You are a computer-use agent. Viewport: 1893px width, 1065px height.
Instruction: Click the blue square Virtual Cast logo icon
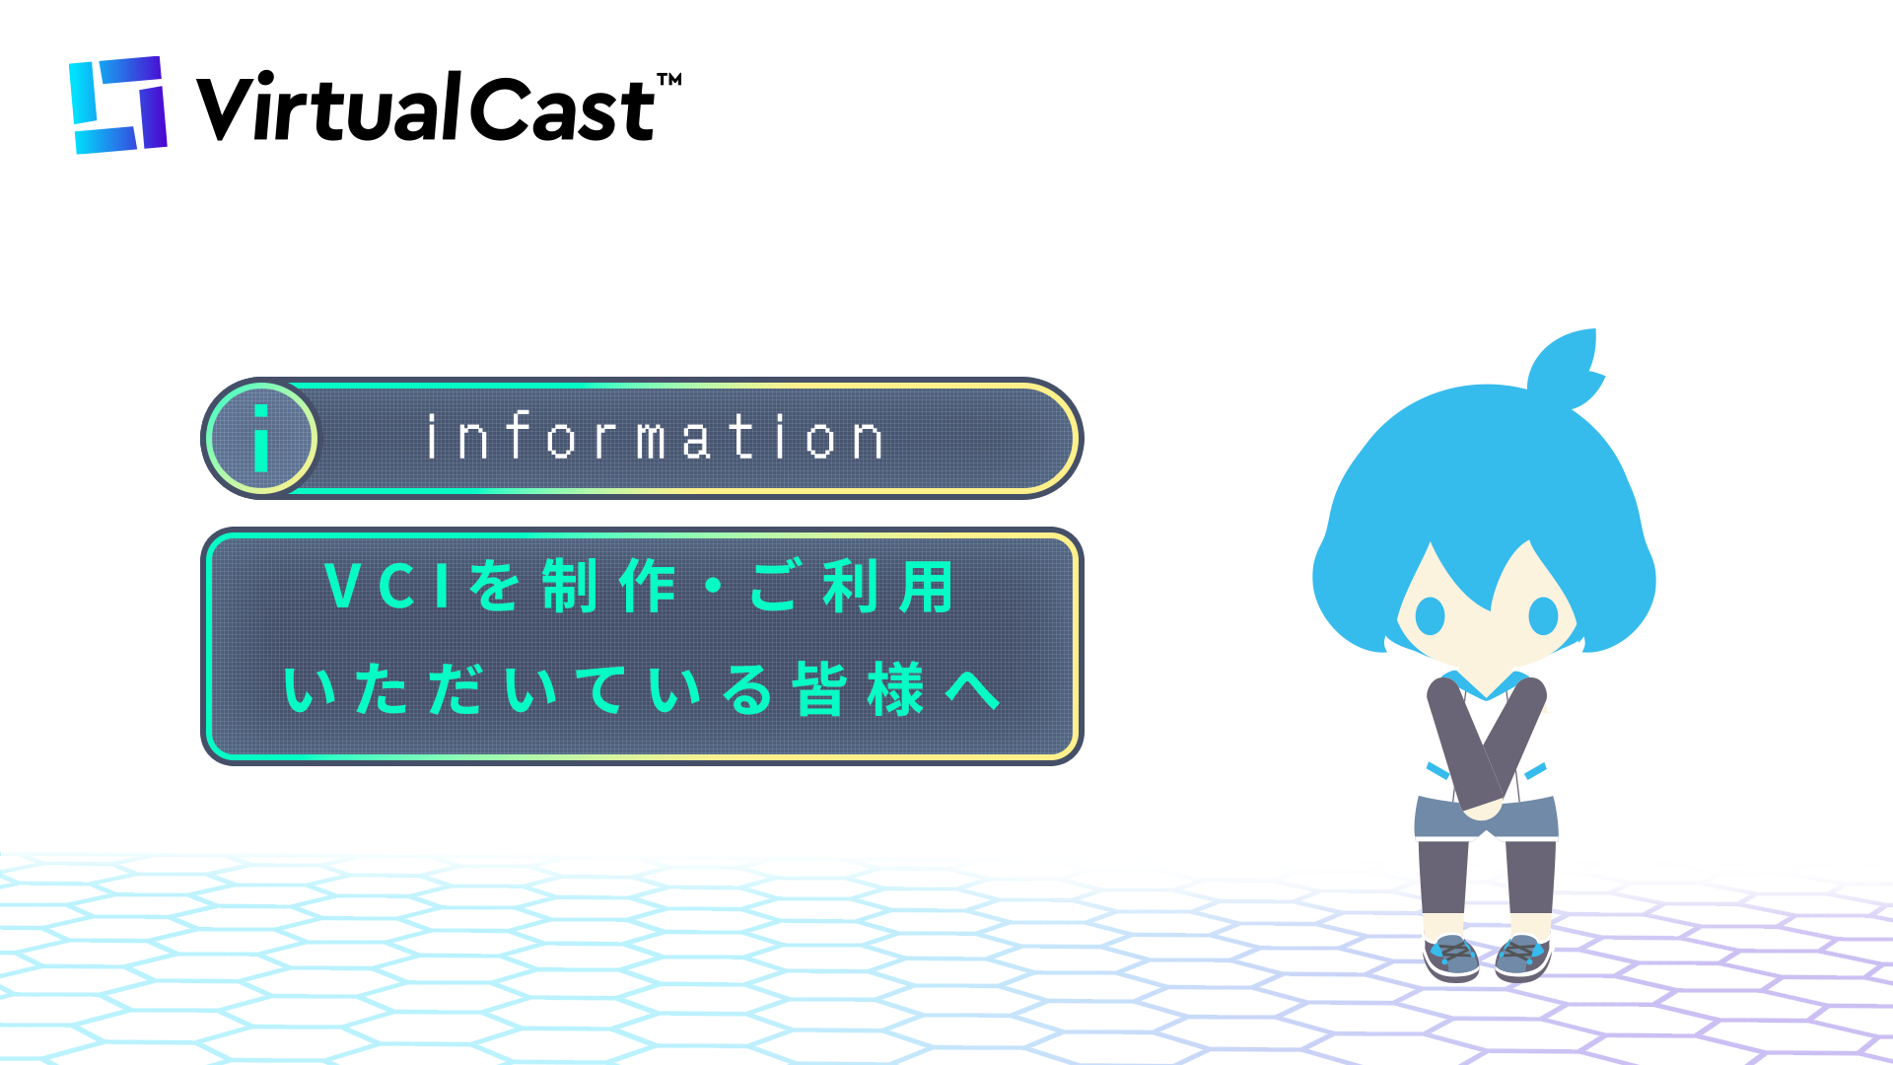[118, 105]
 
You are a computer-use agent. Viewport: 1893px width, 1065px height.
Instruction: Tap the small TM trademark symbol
[669, 80]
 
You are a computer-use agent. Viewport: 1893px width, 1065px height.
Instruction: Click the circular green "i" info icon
[261, 438]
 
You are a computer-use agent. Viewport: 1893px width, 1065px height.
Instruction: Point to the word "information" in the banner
[655, 438]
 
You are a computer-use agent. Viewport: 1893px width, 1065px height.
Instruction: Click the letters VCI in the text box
[387, 586]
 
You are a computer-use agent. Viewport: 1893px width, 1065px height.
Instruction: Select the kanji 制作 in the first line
[608, 586]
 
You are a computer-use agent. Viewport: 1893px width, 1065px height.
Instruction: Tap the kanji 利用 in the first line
[888, 586]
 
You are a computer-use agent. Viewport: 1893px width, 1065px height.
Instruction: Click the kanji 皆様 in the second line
[859, 688]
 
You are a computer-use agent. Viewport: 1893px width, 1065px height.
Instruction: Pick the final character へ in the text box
[973, 690]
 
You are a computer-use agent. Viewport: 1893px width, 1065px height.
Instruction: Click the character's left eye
[1430, 616]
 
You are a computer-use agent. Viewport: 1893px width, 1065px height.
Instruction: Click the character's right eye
[1543, 616]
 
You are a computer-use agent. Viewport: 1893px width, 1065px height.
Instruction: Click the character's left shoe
[1451, 957]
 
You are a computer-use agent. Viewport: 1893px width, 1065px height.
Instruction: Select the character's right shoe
[1522, 958]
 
